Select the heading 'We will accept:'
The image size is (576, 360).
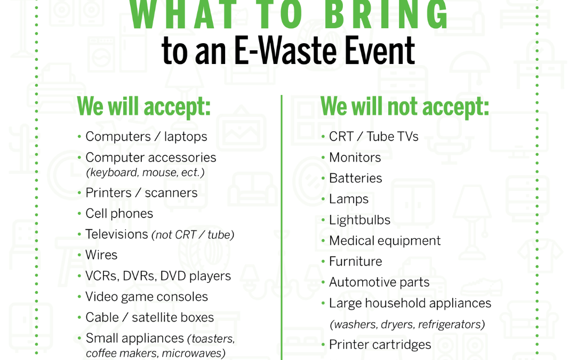tap(143, 107)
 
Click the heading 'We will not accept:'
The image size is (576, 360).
tap(404, 107)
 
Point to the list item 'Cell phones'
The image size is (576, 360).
tap(119, 213)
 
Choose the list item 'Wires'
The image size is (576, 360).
tap(101, 255)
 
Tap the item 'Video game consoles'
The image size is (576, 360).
tap(147, 297)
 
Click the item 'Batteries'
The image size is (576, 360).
tap(355, 178)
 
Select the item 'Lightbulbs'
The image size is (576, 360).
tap(359, 220)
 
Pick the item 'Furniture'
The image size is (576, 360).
tap(355, 261)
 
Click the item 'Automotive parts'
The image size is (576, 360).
tap(379, 283)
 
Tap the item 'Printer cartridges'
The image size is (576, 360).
tap(380, 345)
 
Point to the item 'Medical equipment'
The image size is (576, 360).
tap(385, 241)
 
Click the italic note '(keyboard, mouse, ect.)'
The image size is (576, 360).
tap(145, 173)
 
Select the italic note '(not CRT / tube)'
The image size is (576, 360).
tap(193, 235)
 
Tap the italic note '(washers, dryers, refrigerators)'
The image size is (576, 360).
tap(407, 325)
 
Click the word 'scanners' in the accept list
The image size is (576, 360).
tap(171, 193)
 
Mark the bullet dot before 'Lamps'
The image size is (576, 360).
tap(323, 199)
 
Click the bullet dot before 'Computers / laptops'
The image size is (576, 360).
tap(79, 137)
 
